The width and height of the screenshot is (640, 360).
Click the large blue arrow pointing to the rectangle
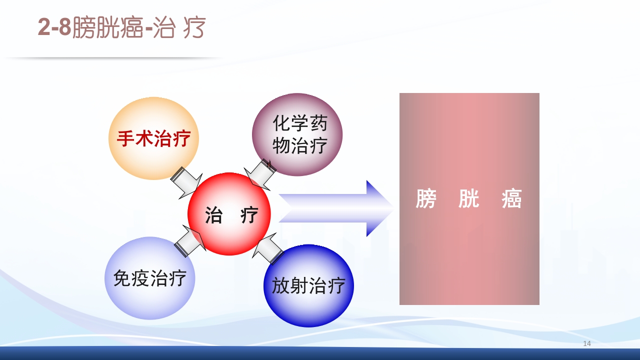[x=335, y=208]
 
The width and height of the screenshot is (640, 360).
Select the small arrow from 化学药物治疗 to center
[x=260, y=174]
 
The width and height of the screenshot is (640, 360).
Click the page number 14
[x=587, y=343]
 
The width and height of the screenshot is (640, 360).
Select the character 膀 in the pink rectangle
[x=426, y=199]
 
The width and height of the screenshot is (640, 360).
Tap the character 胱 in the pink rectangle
[x=469, y=199]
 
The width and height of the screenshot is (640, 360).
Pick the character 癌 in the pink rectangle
[x=511, y=199]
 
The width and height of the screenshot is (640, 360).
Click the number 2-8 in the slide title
[x=54, y=28]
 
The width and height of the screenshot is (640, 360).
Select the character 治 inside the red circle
[x=214, y=215]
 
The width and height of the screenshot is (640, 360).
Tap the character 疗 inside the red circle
[x=249, y=215]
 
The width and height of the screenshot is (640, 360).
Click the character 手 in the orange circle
[x=125, y=138]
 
